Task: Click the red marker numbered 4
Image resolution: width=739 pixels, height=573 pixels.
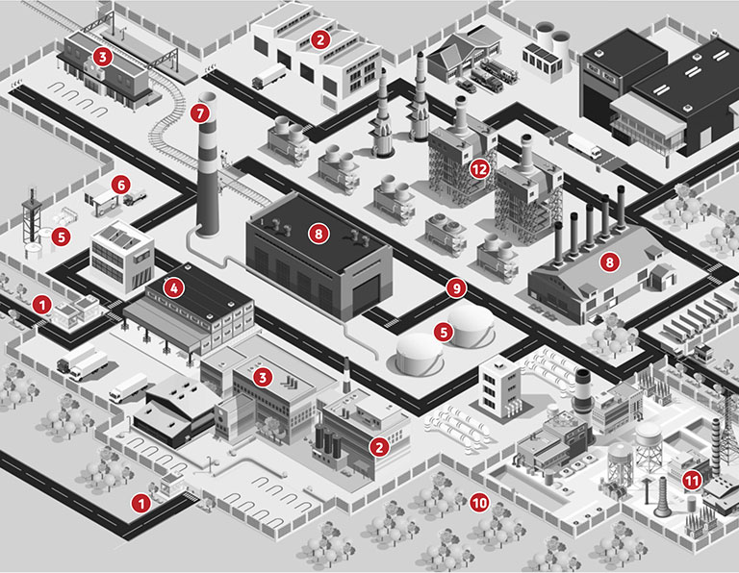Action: tap(173, 287)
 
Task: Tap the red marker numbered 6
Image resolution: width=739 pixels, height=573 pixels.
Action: tap(121, 185)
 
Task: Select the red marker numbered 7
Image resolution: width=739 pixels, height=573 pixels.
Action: tap(200, 113)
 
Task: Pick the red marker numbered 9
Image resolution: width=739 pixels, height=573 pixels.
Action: tap(456, 288)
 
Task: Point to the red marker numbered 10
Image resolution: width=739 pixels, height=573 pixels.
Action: tap(479, 504)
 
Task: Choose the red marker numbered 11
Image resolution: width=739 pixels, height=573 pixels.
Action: tap(692, 481)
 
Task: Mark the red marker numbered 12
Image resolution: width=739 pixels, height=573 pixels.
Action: tap(479, 169)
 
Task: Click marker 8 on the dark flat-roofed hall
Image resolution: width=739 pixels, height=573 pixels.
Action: tap(319, 234)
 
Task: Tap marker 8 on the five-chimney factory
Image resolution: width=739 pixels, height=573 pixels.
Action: tap(609, 262)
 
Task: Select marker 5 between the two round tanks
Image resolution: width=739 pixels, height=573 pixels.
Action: tap(444, 333)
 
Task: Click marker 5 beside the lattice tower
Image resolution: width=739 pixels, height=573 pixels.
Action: tap(62, 237)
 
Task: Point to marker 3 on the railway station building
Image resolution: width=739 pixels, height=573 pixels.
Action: tap(103, 57)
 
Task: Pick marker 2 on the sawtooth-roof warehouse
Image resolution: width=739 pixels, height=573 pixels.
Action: tap(320, 40)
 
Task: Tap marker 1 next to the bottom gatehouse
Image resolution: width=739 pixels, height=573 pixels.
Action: tap(140, 504)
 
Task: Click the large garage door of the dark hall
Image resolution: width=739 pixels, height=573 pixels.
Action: tap(366, 295)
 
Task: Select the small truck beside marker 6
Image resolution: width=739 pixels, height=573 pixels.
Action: tap(135, 197)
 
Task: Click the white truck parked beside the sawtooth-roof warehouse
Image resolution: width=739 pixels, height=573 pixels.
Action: tap(269, 76)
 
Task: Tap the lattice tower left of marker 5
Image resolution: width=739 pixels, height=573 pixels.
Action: tap(31, 216)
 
